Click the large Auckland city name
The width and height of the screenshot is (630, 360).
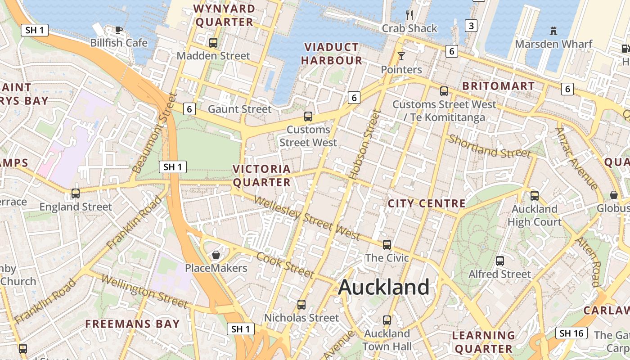coord(383,287)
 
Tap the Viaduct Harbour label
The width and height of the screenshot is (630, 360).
coord(332,54)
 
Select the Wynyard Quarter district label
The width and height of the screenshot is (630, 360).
coord(224,15)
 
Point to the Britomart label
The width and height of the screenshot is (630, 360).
coord(498,86)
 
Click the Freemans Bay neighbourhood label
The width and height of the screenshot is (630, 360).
coord(132,324)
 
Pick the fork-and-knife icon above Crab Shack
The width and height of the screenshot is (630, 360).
coord(409,15)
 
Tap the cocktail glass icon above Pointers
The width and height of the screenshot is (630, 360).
coord(401,56)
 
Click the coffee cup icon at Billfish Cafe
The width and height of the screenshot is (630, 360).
coord(118,30)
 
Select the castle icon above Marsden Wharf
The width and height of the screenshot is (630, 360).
coord(553,31)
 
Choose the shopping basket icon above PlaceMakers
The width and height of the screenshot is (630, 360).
coord(216,255)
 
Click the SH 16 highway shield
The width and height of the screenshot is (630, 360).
coord(571,333)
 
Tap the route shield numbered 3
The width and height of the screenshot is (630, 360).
coord(471,26)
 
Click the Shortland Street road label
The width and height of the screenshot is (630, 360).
coord(489,147)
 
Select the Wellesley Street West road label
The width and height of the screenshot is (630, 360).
coord(307,218)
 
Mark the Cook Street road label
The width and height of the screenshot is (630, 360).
coord(285,265)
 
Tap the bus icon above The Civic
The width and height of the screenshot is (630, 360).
coord(387,245)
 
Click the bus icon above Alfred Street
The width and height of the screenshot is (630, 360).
coord(499,261)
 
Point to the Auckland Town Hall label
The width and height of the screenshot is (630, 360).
coord(387,340)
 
